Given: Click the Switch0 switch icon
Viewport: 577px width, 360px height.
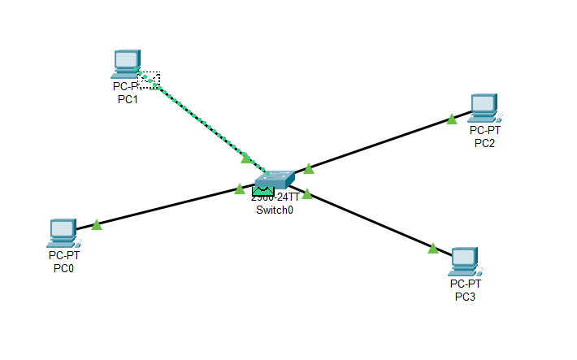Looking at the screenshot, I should coord(274,180).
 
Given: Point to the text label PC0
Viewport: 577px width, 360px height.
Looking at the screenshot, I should coord(63,267).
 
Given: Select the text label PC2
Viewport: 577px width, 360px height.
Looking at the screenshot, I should coord(485,143).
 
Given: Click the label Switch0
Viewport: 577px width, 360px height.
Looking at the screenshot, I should coord(274,209).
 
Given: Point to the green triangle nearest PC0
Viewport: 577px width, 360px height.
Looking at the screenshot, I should coord(97,224).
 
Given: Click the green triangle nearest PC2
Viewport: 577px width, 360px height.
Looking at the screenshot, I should coord(452,119).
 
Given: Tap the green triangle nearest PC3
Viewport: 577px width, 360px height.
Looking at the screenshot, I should coord(433,248).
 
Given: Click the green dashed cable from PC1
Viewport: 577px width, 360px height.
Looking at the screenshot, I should coord(199,120).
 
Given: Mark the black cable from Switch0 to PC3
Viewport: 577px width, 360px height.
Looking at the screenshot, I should coord(370,219).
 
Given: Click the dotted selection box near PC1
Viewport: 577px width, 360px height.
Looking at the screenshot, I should coord(150,80).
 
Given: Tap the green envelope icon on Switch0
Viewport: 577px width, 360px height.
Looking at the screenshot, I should coord(261,190).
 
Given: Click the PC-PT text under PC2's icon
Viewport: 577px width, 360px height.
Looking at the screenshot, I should coord(485,131).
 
